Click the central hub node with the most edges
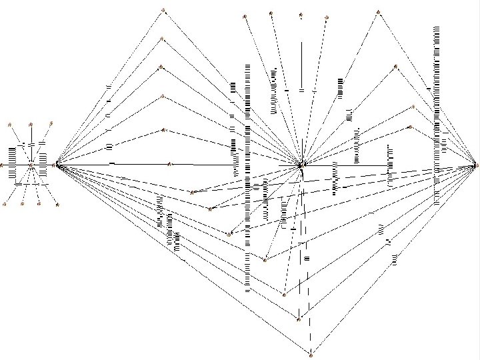click(301, 164)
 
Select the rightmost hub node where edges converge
click(475, 164)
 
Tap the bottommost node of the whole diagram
click(311, 351)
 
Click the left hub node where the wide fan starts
click(57, 163)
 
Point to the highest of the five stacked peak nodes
click(163, 10)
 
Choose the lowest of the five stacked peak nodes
click(163, 130)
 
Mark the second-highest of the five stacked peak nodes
click(162, 39)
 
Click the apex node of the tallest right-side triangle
click(378, 12)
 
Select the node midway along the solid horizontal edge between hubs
click(171, 163)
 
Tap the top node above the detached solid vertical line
click(301, 14)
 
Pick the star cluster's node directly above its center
click(31, 123)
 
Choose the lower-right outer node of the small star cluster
click(57, 204)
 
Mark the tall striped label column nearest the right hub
click(437, 113)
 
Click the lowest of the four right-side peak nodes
click(410, 127)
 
